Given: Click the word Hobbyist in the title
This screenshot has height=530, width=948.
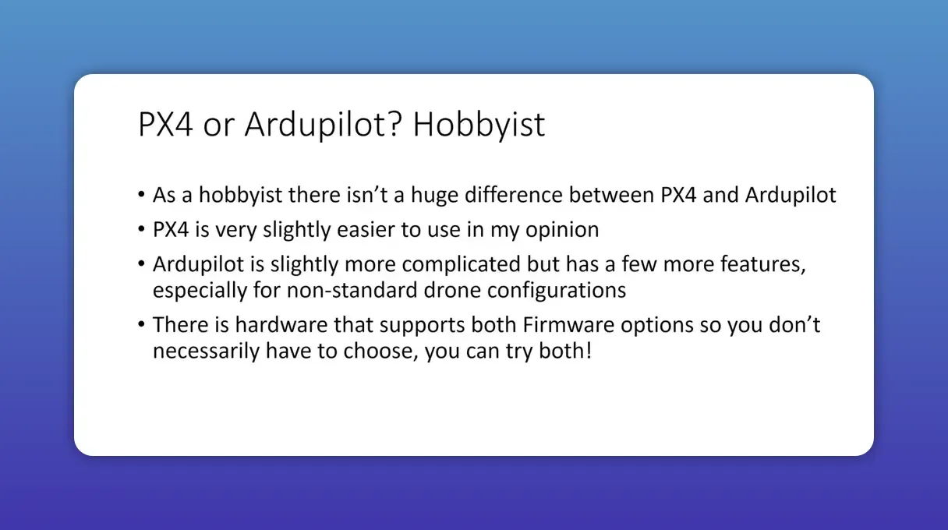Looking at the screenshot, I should (479, 125).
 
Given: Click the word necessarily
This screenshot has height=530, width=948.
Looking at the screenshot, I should (206, 351).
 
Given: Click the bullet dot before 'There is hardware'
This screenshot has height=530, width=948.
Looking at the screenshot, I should (140, 324).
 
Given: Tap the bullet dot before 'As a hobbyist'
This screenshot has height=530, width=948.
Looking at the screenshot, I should (140, 195).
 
